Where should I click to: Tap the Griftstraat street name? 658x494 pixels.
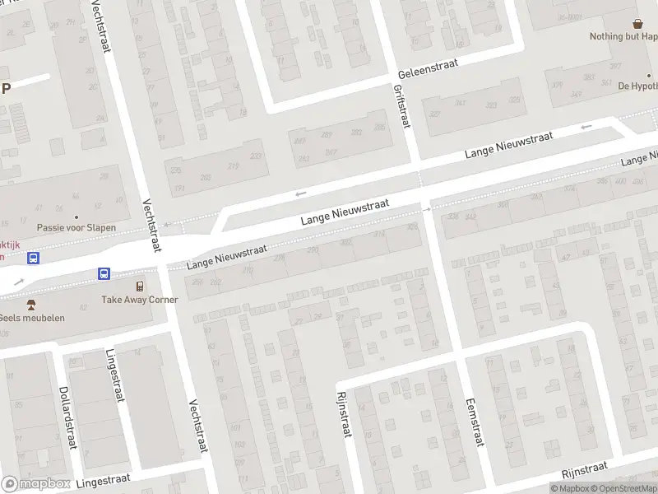401,106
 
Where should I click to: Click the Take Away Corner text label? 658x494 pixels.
139,300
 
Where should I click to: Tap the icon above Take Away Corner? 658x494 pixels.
140,286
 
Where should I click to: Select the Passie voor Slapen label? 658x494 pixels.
76,227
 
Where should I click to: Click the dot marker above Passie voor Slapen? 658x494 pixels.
76,195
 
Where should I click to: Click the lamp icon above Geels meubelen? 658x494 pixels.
31,305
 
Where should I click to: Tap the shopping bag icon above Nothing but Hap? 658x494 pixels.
637,24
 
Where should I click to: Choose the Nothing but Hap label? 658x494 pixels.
623,36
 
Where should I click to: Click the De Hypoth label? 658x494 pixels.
637,86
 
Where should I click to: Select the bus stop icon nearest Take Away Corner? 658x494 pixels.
104,273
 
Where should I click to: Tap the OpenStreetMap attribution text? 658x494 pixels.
628,488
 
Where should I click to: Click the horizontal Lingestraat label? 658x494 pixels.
106,480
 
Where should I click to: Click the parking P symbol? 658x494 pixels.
5,88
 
